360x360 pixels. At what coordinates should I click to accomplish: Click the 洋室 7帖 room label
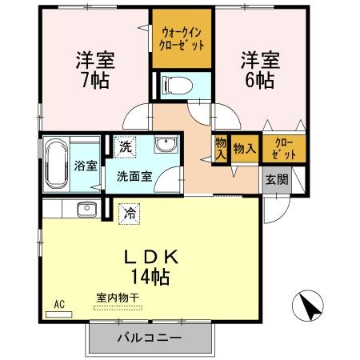coord(93,70)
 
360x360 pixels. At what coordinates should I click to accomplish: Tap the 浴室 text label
coord(86,166)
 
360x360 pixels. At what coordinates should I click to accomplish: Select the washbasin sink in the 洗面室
coord(165,146)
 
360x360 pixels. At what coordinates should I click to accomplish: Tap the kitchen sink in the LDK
coord(85,210)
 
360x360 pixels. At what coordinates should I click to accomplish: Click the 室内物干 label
coord(118,298)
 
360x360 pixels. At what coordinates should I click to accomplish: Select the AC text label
coord(58,303)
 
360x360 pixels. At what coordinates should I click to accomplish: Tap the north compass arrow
coord(309,306)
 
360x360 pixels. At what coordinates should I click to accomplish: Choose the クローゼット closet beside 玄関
coord(284,149)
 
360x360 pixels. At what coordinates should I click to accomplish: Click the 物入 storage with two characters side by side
coord(244,149)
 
